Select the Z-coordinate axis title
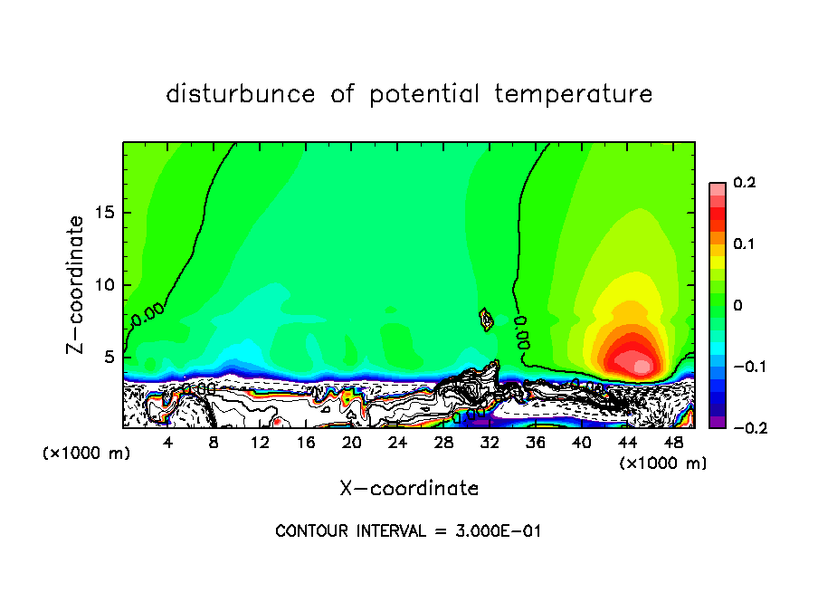coord(76,283)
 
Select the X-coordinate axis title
coord(409,489)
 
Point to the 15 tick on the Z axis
coord(108,213)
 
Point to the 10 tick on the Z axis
coord(108,284)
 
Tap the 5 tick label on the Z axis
coord(111,356)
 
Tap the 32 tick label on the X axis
coord(490,442)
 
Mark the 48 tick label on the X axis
coord(672,442)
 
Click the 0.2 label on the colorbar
coord(744,183)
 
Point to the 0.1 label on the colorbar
coord(744,243)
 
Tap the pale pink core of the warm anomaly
coord(642,367)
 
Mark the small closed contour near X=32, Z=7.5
coord(486,319)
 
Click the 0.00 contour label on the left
coord(147,317)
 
